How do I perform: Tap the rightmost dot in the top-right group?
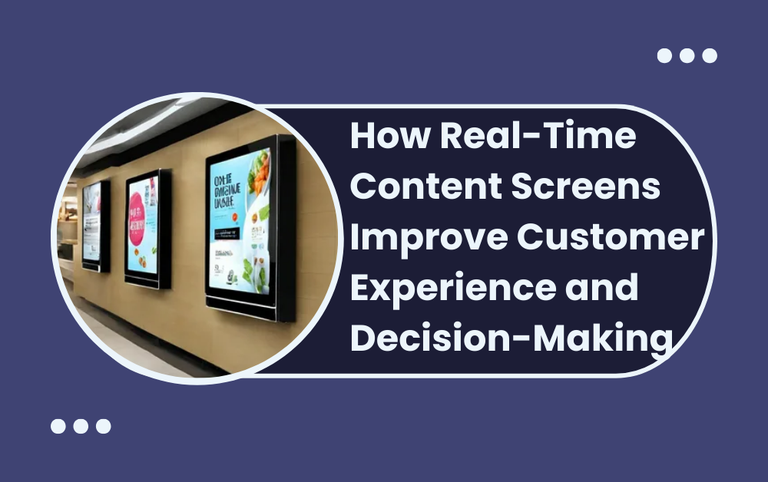click(x=710, y=55)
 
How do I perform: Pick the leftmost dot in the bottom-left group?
click(x=58, y=426)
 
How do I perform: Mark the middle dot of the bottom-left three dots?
click(x=81, y=426)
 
